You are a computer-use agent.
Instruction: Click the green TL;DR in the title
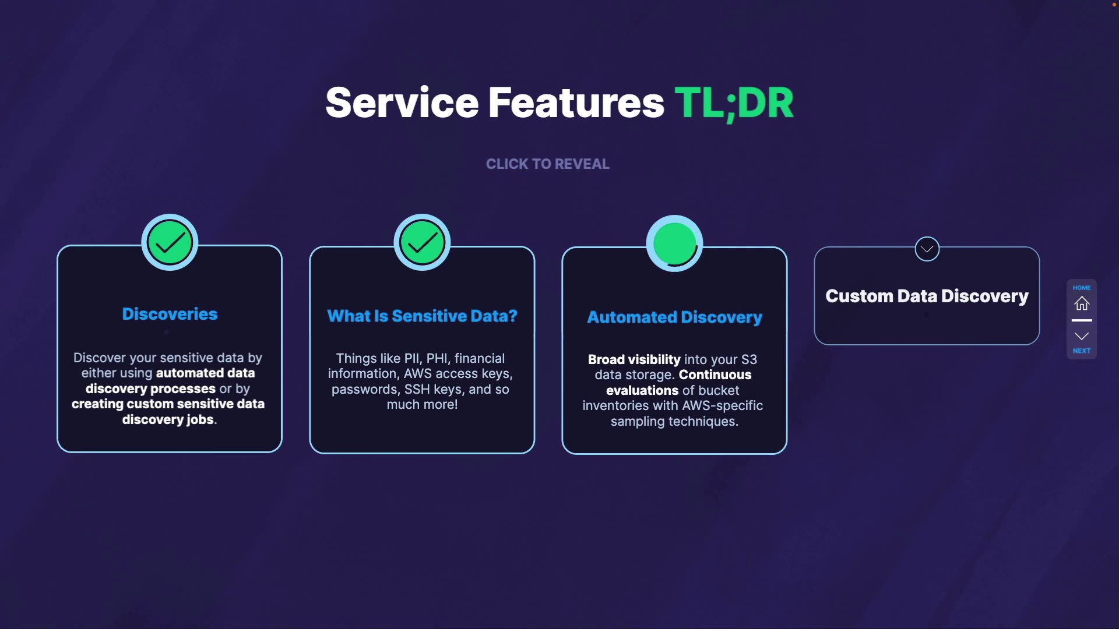pyautogui.click(x=734, y=103)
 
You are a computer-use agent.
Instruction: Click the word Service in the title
pyautogui.click(x=402, y=103)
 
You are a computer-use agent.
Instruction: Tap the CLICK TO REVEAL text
pyautogui.click(x=547, y=164)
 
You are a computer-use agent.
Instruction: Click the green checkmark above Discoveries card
pyautogui.click(x=170, y=242)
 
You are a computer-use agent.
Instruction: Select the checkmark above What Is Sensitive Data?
pyautogui.click(x=422, y=243)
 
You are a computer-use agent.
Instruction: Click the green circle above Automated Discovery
pyautogui.click(x=674, y=243)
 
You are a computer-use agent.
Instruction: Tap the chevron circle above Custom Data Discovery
pyautogui.click(x=927, y=249)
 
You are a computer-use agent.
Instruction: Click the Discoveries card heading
pyautogui.click(x=170, y=314)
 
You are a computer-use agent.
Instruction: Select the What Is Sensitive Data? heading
pyautogui.click(x=422, y=316)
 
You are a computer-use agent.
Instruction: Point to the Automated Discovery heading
pyautogui.click(x=674, y=317)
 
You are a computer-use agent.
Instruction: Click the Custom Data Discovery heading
pyautogui.click(x=927, y=296)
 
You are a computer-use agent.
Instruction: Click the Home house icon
pyautogui.click(x=1082, y=303)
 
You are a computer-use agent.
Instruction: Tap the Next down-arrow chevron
pyautogui.click(x=1082, y=336)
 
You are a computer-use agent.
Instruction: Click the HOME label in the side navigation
pyautogui.click(x=1082, y=288)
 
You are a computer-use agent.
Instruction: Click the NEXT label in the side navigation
pyautogui.click(x=1082, y=351)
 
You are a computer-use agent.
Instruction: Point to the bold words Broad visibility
pyautogui.click(x=634, y=359)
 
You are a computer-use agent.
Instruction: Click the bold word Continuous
pyautogui.click(x=715, y=374)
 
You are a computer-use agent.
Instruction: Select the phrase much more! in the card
pyautogui.click(x=422, y=405)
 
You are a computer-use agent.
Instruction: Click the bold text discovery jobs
pyautogui.click(x=168, y=419)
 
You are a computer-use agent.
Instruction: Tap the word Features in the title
pyautogui.click(x=576, y=103)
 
